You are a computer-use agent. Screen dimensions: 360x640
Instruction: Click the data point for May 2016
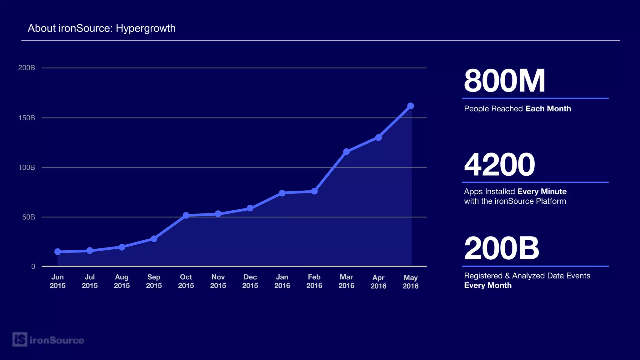pos(411,106)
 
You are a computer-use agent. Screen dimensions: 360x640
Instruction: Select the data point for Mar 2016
pos(346,152)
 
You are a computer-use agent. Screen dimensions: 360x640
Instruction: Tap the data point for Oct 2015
pos(186,215)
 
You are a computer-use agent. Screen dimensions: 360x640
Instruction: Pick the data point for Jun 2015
pos(57,252)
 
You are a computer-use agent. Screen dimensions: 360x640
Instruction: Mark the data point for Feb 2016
pos(314,191)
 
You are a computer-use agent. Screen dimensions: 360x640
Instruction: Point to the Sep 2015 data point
pos(154,239)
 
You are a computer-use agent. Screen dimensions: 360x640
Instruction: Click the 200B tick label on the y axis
pos(27,68)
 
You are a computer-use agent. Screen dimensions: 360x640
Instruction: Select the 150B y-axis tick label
pos(27,118)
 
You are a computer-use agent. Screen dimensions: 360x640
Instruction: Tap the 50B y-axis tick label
pos(28,217)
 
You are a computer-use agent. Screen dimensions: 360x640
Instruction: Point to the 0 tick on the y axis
pos(33,267)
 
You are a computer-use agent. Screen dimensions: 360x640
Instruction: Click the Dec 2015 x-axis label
pos(250,281)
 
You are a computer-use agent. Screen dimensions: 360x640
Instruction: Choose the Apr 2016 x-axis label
pos(378,282)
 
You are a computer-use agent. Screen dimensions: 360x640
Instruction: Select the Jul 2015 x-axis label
pos(90,281)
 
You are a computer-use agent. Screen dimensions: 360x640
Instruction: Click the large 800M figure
pos(504,81)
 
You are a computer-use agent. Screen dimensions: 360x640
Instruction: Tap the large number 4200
pos(499,165)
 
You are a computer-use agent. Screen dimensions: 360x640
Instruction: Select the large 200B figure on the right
pos(502,248)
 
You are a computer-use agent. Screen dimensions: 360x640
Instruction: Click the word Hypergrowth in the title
pos(146,28)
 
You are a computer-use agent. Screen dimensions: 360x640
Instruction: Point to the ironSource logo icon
pos(20,339)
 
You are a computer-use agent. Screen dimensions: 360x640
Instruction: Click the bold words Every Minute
pos(542,192)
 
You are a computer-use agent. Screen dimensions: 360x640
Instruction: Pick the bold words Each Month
pos(548,109)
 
